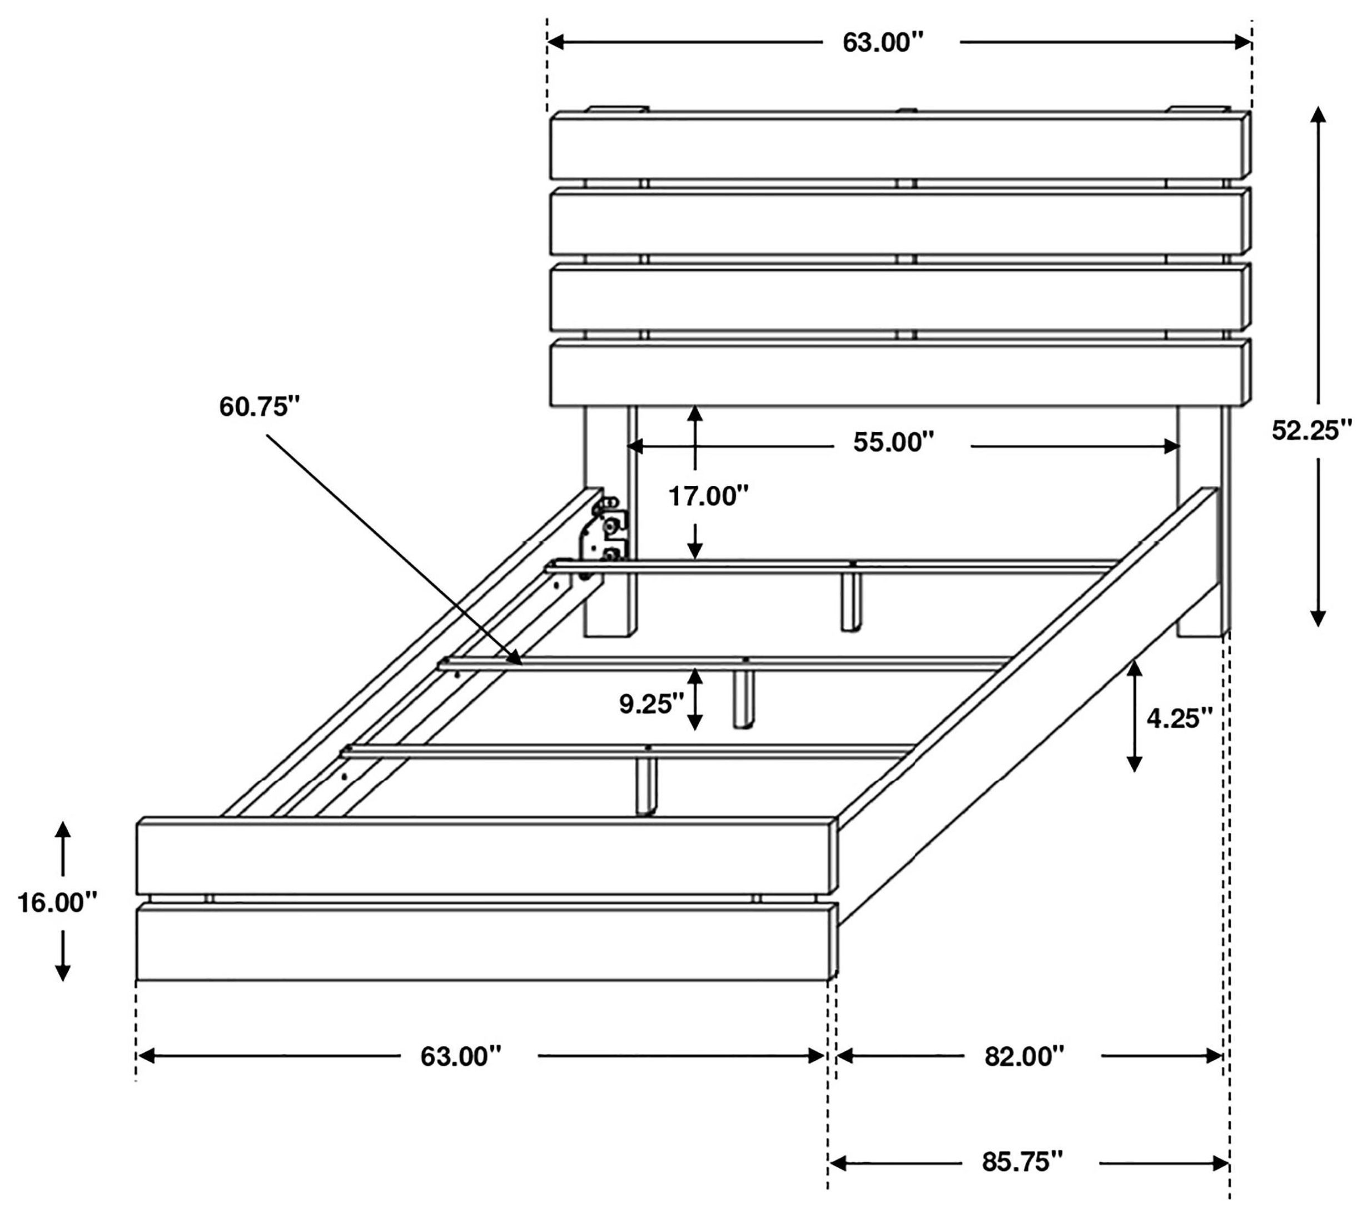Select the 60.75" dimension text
(x=259, y=407)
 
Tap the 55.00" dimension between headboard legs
(x=893, y=443)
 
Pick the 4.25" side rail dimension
(x=1179, y=718)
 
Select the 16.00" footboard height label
(x=57, y=903)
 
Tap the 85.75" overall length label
(x=1022, y=1161)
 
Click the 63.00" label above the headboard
(x=883, y=43)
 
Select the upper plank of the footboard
(x=483, y=858)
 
